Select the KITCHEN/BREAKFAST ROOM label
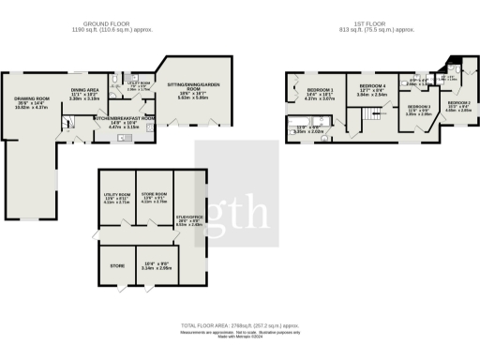tap(124, 119)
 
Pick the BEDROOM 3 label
tap(418, 107)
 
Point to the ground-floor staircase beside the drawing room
tap(71, 119)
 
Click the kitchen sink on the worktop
tap(123, 138)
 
